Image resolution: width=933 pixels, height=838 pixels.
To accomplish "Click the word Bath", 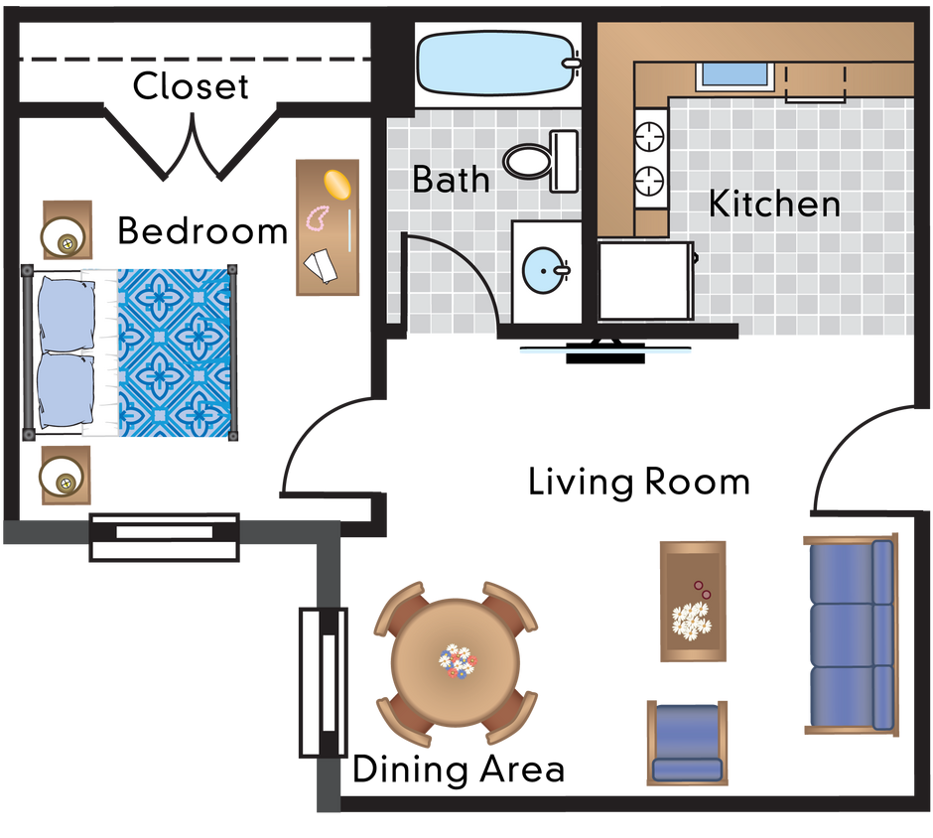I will pos(451,180).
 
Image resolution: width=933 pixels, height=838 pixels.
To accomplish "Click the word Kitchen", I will pos(774,205).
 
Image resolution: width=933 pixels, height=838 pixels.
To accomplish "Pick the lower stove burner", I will pos(649,180).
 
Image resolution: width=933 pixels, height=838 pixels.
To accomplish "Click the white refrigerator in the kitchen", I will pos(643,280).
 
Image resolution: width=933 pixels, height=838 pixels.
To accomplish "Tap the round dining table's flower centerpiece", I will pos(456,660).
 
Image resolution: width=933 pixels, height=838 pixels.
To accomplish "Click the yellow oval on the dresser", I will pos(336,185).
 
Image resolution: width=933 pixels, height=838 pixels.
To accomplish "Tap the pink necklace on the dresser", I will pos(320,217).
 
